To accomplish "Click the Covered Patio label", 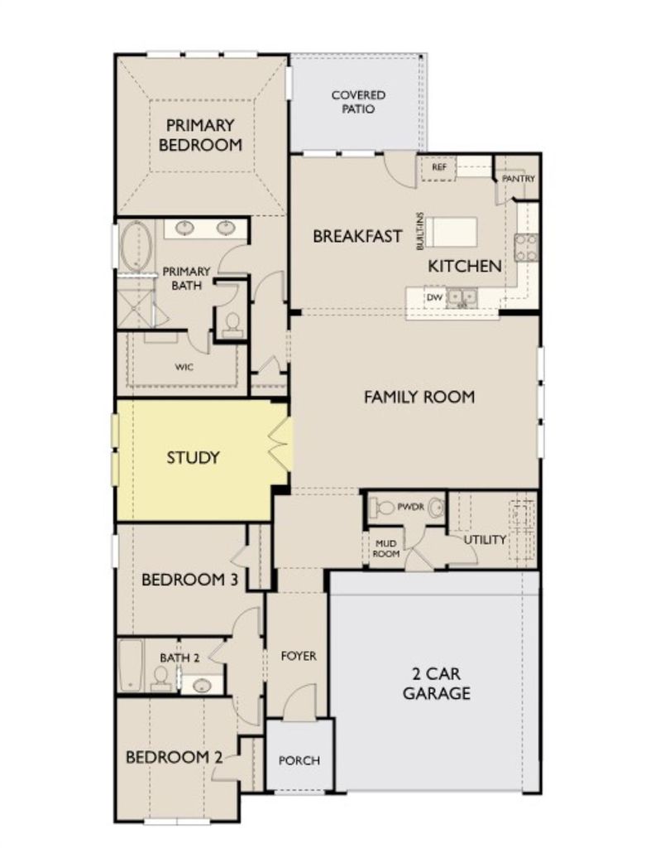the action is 358,102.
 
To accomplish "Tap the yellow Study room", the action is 200,460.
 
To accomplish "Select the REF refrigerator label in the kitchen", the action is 439,167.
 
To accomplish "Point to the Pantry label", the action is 518,178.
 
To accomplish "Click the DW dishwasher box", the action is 434,297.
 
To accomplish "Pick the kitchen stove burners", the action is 526,247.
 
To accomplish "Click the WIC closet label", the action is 184,367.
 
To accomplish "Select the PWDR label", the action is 411,508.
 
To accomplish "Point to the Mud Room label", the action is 385,548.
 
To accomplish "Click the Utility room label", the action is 485,539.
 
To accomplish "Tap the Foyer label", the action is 298,656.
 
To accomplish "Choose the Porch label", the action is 299,760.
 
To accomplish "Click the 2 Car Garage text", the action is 437,683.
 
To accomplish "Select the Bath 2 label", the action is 179,658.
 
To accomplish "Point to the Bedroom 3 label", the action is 189,580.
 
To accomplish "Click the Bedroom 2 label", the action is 174,757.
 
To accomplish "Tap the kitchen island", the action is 452,232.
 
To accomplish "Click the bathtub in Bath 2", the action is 130,666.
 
